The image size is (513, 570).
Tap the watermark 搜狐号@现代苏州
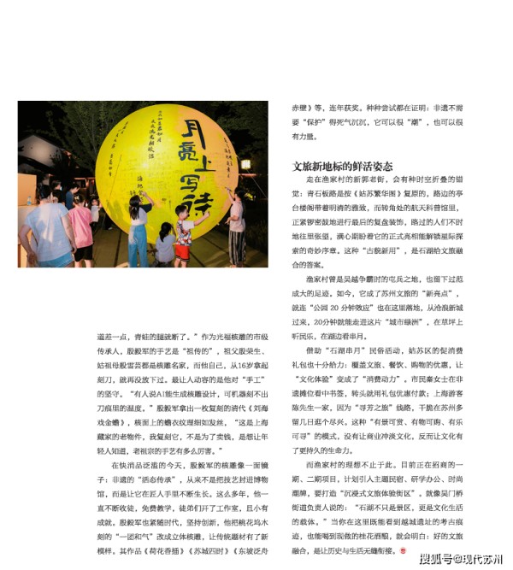coord(460,559)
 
